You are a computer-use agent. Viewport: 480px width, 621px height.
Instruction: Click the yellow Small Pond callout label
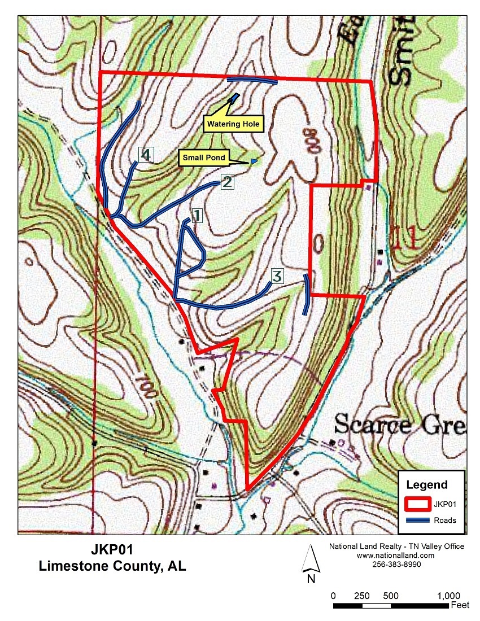pyautogui.click(x=203, y=158)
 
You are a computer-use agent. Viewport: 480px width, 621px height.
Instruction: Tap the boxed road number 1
pyautogui.click(x=197, y=216)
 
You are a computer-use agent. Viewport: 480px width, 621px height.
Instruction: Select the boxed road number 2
pyautogui.click(x=226, y=182)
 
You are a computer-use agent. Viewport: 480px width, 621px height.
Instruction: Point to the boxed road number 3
pyautogui.click(x=277, y=276)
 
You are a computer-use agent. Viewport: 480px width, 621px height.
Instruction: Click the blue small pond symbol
pyautogui.click(x=254, y=161)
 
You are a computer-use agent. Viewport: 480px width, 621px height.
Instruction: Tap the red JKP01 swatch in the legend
pyautogui.click(x=419, y=504)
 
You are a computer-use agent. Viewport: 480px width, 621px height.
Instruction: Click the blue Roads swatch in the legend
pyautogui.click(x=419, y=520)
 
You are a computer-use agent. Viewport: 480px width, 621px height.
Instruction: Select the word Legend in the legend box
pyautogui.click(x=427, y=484)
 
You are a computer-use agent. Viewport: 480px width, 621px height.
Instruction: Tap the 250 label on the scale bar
pyautogui.click(x=361, y=596)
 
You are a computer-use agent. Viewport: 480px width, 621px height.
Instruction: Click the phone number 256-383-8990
pyautogui.click(x=396, y=564)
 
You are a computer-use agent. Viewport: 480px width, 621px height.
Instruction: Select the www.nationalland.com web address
pyautogui.click(x=396, y=556)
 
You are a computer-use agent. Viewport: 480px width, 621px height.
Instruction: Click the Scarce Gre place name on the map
pyautogui.click(x=400, y=424)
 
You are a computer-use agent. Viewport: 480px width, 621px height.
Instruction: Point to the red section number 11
pyautogui.click(x=404, y=238)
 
